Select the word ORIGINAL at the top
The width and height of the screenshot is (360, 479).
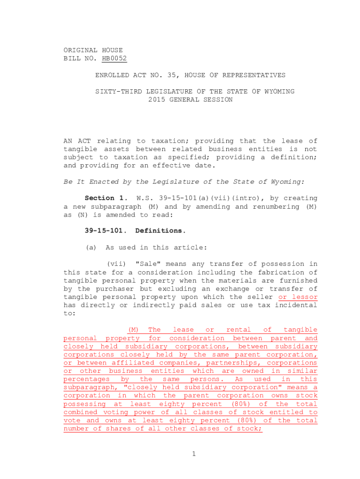(80, 50)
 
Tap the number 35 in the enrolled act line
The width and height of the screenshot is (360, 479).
(172, 75)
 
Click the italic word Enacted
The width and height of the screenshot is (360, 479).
(95, 182)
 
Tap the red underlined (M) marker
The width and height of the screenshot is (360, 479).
(134, 330)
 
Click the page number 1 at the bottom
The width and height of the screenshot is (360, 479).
(193, 453)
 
